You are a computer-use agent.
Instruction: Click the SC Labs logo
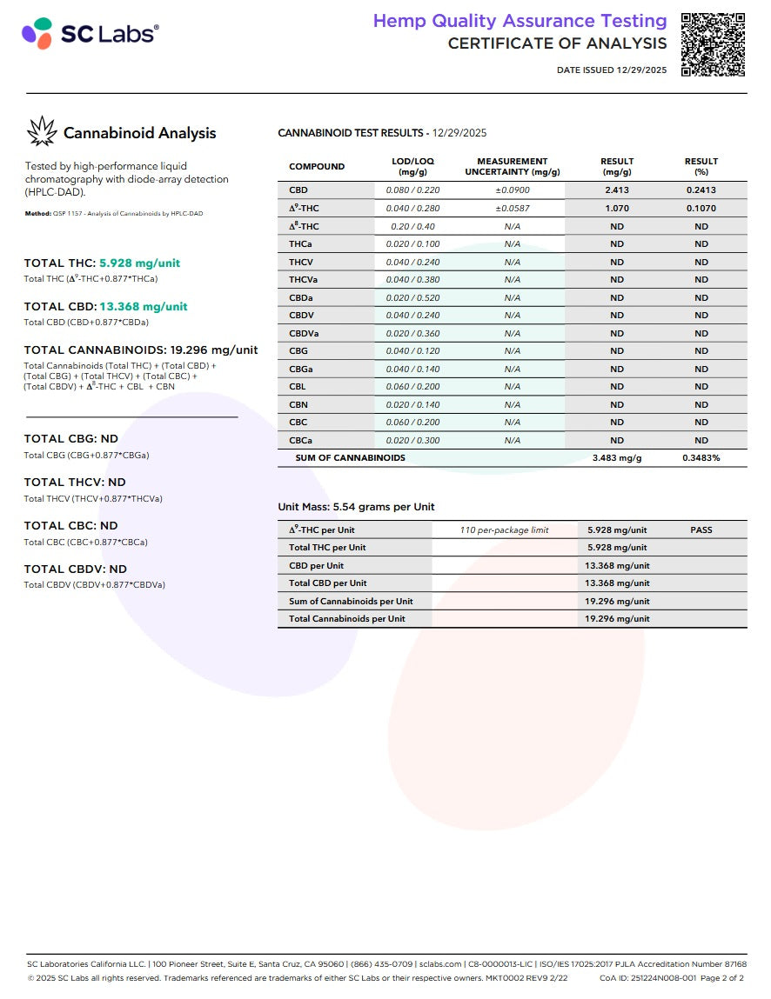point(90,34)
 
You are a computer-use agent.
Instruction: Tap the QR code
point(713,44)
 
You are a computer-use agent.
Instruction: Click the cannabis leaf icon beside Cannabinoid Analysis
point(41,132)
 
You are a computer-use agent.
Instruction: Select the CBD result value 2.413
point(616,190)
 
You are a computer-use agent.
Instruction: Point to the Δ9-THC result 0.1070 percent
point(701,209)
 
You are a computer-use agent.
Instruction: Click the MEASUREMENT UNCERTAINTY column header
point(512,166)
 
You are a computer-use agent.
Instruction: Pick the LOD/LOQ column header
point(412,166)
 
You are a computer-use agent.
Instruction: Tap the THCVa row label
point(304,280)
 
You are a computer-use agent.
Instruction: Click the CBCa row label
point(301,440)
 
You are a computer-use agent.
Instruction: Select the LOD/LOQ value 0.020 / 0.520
point(412,297)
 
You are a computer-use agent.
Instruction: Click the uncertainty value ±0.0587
point(512,209)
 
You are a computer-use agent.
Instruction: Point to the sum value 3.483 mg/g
point(616,458)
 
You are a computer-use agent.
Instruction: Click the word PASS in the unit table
point(701,529)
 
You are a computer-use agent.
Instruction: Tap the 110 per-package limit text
point(504,529)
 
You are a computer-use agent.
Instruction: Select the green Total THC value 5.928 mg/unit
point(139,263)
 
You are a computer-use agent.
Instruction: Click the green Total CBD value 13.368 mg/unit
point(143,306)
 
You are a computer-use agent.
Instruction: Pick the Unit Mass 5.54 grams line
point(356,507)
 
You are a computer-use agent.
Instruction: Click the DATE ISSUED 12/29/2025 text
point(612,70)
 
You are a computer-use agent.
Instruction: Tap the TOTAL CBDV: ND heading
point(75,569)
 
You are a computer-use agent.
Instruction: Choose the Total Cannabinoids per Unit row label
point(346,619)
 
